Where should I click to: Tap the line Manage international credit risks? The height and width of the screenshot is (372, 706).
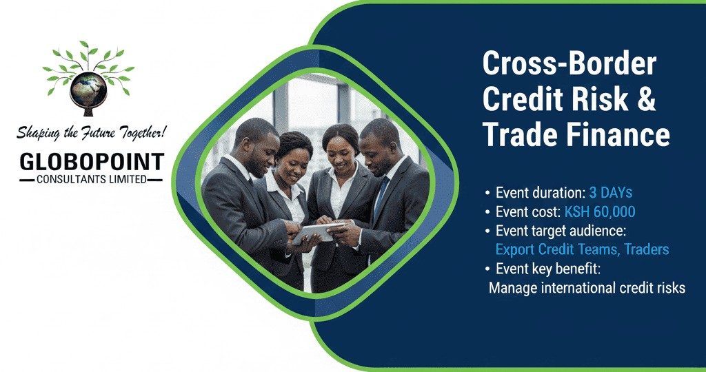click(x=587, y=287)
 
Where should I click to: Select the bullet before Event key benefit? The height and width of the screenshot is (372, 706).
click(x=488, y=269)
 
